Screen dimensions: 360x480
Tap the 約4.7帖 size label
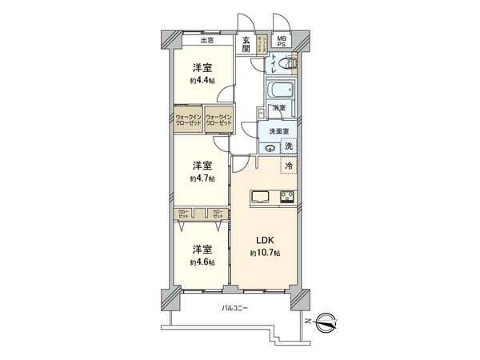[201, 178]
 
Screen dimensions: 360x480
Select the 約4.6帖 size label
[201, 262]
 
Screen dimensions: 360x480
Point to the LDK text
[265, 239]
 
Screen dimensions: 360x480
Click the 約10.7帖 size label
[265, 253]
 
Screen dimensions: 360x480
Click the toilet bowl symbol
[290, 62]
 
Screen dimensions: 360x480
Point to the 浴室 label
[278, 107]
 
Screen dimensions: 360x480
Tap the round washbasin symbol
[270, 148]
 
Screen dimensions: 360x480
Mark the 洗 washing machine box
[289, 146]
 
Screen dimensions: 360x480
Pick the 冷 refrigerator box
[289, 166]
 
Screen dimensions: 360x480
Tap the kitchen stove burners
[286, 197]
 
